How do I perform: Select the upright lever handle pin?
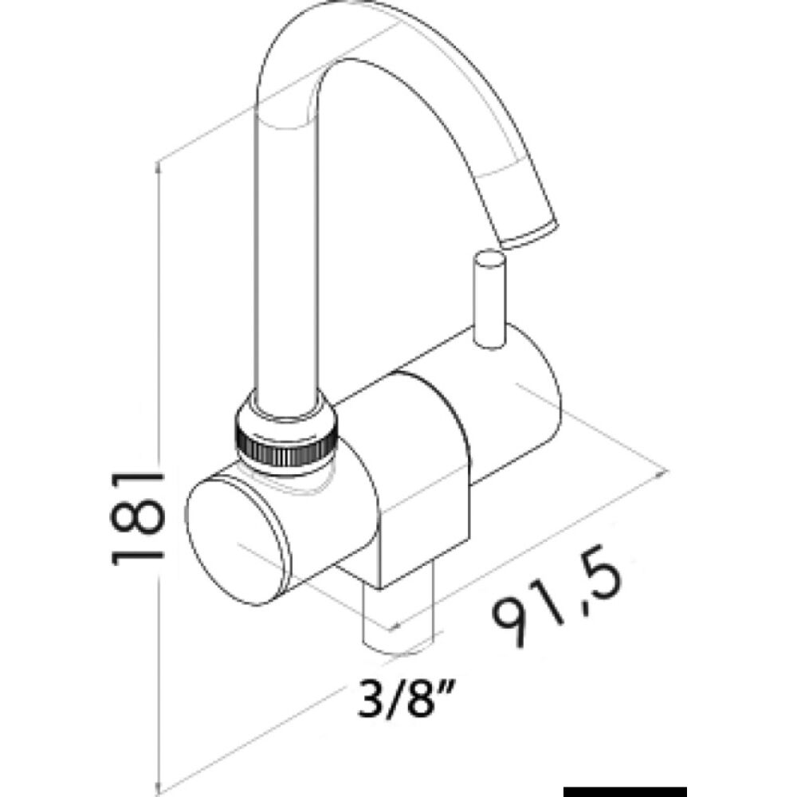487,299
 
